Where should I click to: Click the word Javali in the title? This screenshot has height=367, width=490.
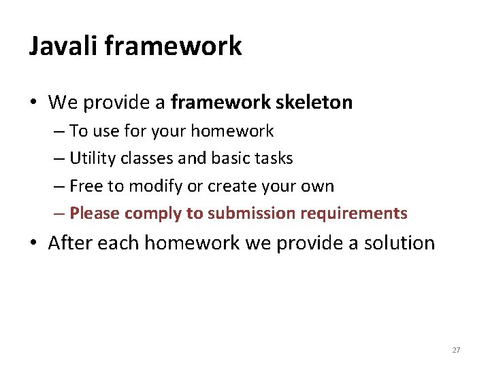tap(65, 46)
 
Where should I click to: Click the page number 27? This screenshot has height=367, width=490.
tap(456, 350)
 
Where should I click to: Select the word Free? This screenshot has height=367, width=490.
tap(86, 186)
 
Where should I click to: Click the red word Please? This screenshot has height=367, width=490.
tap(95, 213)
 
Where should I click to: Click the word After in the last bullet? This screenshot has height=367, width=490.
tap(71, 243)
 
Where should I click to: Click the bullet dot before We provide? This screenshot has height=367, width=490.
tap(33, 103)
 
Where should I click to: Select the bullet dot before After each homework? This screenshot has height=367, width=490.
tap(33, 243)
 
